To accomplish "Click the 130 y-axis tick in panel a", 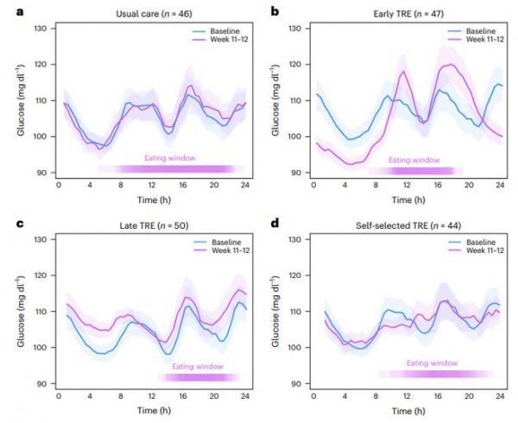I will [41, 28].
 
